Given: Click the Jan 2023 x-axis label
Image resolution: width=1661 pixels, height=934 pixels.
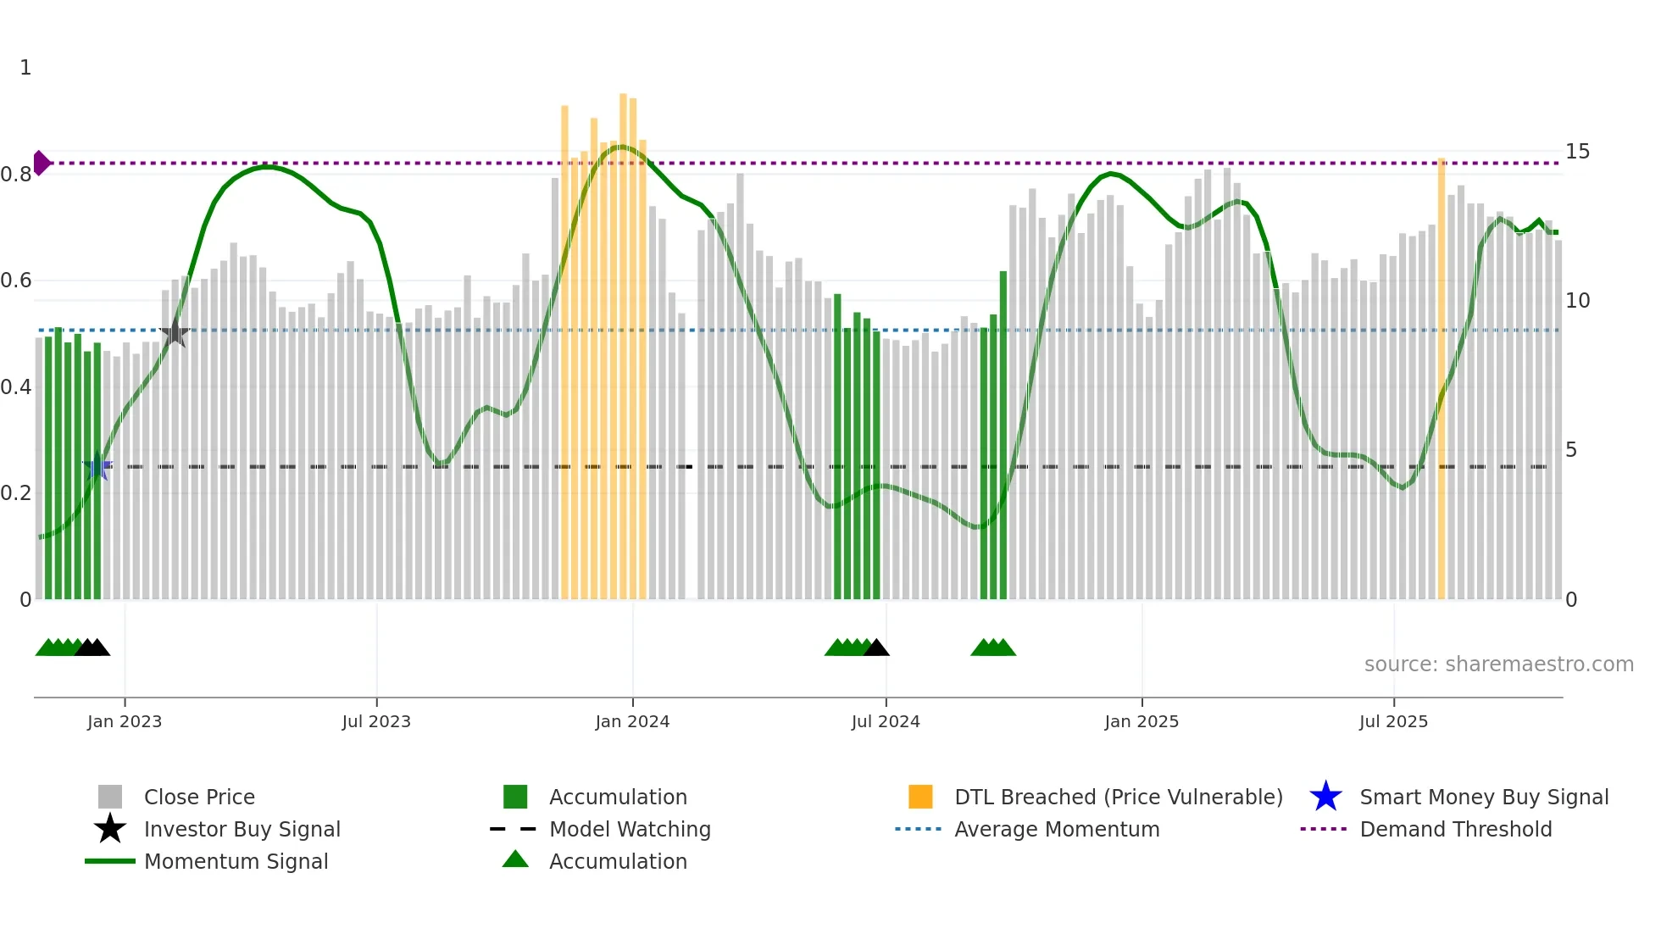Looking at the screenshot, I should [125, 721].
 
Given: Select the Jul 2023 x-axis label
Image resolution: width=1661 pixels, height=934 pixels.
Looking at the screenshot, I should [376, 721].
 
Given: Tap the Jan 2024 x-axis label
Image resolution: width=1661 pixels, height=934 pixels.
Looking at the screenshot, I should [632, 721].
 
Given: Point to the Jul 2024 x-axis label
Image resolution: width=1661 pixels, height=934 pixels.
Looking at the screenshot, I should [886, 721].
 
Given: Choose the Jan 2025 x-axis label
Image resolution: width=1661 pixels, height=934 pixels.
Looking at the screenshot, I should [1142, 721].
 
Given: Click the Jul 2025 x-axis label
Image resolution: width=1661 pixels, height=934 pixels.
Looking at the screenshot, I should [1393, 721].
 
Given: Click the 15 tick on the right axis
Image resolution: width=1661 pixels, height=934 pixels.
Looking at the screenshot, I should [1577, 152].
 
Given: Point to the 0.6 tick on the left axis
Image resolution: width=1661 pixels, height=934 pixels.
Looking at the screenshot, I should [16, 281].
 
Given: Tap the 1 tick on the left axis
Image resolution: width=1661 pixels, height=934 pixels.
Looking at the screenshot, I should [25, 68].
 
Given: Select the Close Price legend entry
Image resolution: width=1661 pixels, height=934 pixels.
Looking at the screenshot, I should [199, 797].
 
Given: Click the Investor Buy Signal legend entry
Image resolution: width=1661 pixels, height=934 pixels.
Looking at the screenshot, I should [242, 829].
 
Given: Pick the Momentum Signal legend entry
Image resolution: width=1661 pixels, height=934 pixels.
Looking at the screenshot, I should [236, 861].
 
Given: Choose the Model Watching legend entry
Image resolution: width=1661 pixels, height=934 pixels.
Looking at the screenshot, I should [630, 829].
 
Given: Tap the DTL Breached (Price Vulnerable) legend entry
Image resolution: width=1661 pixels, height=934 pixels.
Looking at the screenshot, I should [1118, 797].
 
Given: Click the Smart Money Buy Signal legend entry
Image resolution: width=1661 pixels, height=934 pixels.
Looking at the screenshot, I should [1483, 797].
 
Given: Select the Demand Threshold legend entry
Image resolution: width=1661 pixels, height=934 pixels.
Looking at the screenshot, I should [1455, 829].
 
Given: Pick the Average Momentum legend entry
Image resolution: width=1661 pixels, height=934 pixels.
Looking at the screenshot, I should [1057, 829].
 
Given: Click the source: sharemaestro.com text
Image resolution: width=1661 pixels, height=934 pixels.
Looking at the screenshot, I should [1498, 664].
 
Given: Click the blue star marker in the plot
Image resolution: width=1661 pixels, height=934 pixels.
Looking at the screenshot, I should [97, 466].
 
